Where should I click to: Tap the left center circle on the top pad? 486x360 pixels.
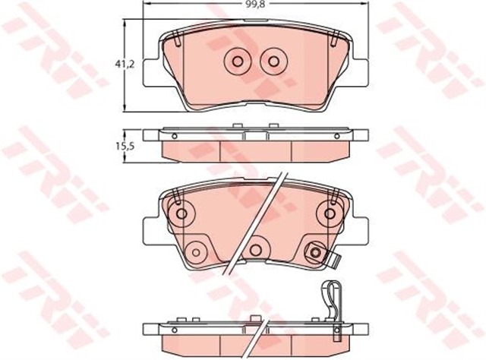235,62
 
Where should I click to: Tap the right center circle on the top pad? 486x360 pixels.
270,62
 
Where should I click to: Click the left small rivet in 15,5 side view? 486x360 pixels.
175,137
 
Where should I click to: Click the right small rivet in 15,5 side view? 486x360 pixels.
333,137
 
